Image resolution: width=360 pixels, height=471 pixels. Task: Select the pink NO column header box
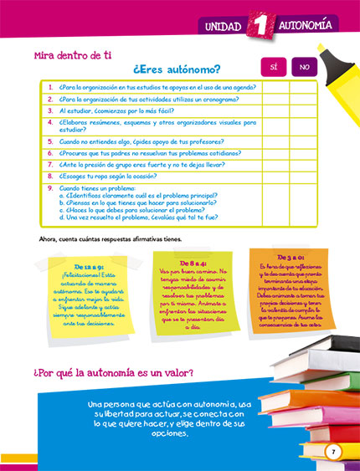[x=304, y=67]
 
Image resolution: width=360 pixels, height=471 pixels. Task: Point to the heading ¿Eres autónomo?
[x=177, y=69]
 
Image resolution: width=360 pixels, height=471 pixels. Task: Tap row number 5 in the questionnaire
[x=50, y=142]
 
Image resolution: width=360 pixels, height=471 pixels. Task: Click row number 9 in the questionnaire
[x=50, y=188]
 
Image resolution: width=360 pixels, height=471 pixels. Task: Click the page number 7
[x=333, y=452]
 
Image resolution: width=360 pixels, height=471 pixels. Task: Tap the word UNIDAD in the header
[x=222, y=28]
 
